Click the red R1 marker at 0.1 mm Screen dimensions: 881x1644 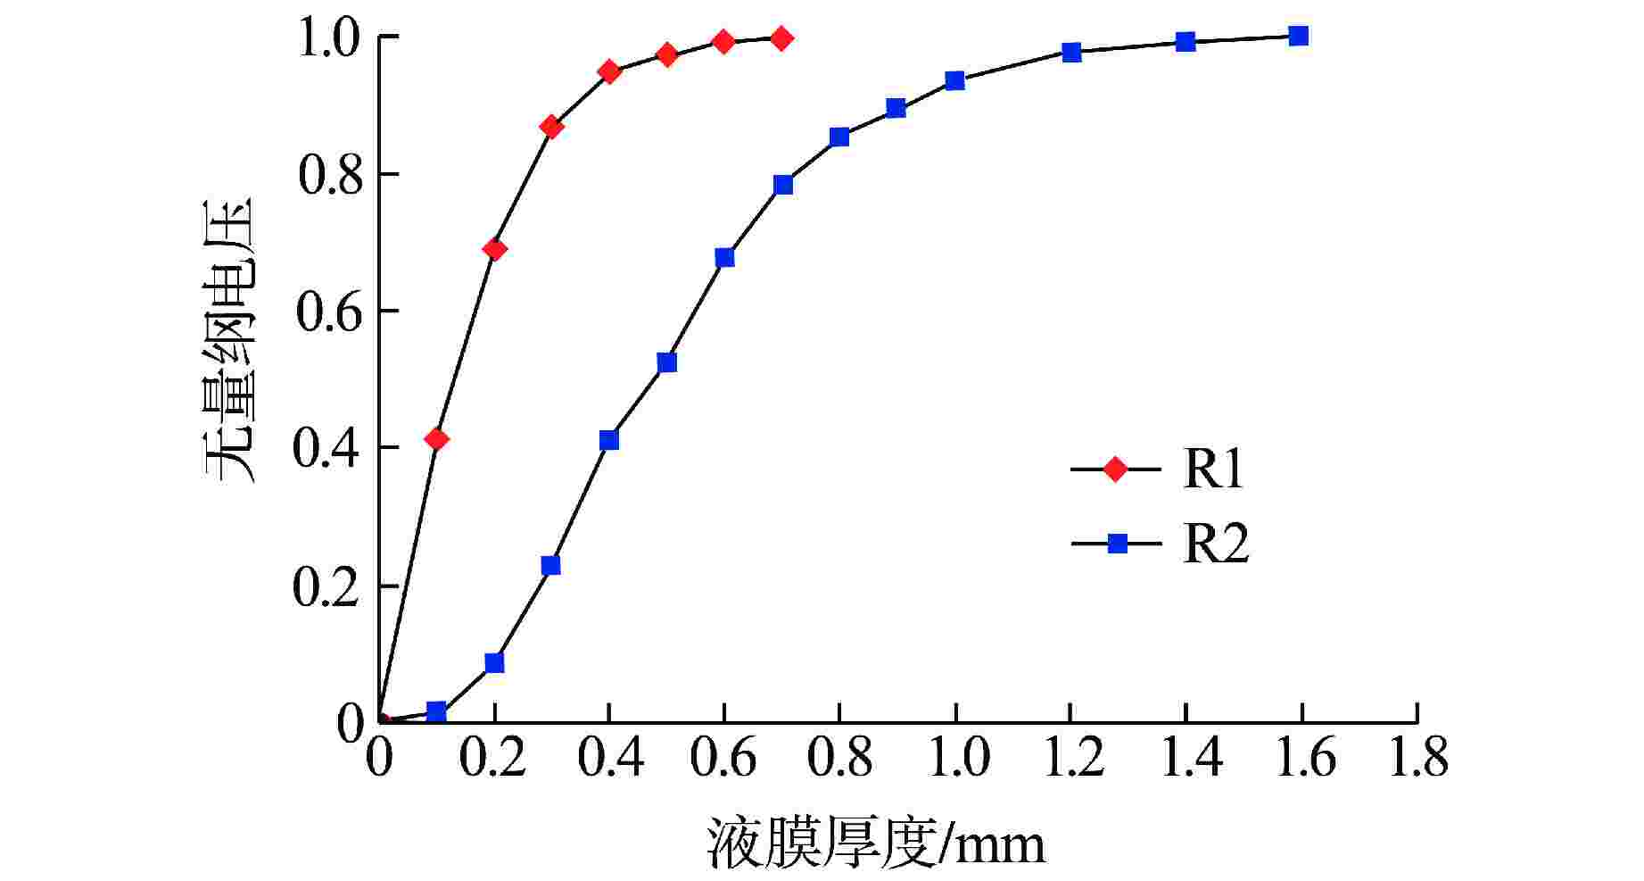(x=436, y=439)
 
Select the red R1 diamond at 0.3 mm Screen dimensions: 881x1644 (x=551, y=127)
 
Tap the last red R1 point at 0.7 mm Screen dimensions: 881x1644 (x=781, y=38)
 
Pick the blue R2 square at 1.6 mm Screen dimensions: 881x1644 (x=1299, y=36)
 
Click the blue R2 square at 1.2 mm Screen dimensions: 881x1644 (x=1071, y=52)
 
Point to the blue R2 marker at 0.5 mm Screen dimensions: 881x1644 (x=666, y=362)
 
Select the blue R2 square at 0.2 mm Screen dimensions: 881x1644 (x=494, y=663)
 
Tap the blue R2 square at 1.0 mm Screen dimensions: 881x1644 (x=954, y=81)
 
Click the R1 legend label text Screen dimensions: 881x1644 (x=1213, y=469)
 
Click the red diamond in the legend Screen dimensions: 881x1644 (x=1115, y=469)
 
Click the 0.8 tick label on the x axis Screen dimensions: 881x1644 (x=839, y=759)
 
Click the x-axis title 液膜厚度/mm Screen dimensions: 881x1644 (x=876, y=843)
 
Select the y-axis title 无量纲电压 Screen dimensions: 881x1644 (x=230, y=339)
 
